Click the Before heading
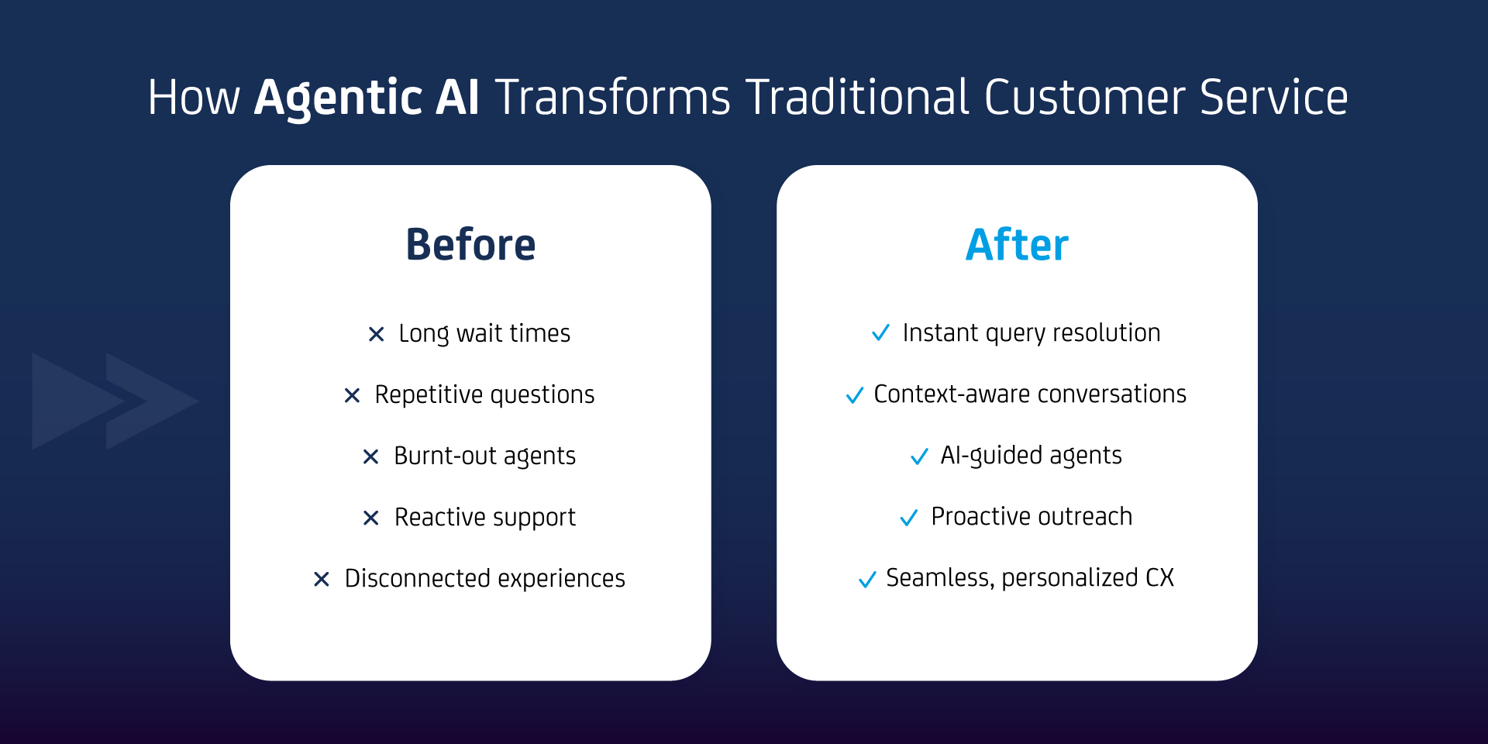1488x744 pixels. [470, 245]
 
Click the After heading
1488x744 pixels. [1017, 245]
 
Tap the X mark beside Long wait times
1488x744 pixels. [376, 334]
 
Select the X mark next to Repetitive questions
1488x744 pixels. [352, 395]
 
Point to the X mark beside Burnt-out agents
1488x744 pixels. [370, 456]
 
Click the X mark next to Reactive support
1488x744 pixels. [371, 518]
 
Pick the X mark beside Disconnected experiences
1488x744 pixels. [322, 579]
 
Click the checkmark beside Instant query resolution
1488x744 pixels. [880, 332]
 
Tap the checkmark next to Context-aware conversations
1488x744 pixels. [854, 395]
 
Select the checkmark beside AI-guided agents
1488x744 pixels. [919, 456]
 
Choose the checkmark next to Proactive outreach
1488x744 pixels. [908, 517]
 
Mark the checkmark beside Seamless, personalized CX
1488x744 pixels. [867, 579]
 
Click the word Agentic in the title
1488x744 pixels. [338, 98]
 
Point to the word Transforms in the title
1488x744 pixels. [613, 98]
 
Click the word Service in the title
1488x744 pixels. [1274, 98]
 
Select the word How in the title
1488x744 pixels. [194, 98]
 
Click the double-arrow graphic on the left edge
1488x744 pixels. [115, 401]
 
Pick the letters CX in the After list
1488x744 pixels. [1159, 577]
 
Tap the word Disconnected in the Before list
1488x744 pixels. [417, 578]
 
